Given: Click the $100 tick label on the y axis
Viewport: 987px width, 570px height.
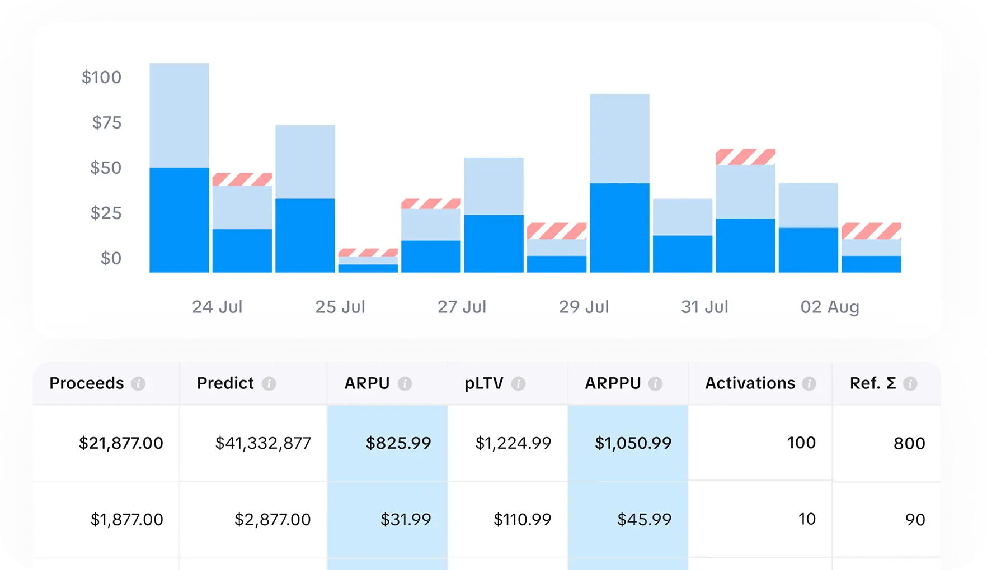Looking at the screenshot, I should tap(101, 77).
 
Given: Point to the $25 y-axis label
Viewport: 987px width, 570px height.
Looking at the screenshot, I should tap(106, 213).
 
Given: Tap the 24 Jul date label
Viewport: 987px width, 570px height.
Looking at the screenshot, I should tap(217, 307).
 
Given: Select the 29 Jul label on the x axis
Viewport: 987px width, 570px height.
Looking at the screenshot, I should tap(584, 307).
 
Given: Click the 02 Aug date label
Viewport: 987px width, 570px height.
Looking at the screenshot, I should tap(829, 307).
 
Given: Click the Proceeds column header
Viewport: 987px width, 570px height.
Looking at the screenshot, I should tap(87, 383).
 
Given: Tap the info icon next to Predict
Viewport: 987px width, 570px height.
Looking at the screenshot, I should tap(269, 384).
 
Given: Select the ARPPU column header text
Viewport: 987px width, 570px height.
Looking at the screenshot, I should tap(613, 383).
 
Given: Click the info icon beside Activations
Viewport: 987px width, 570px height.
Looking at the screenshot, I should tap(809, 384).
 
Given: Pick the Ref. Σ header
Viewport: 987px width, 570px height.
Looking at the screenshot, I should tap(873, 383).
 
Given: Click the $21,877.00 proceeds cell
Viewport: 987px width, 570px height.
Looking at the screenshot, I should tap(121, 443).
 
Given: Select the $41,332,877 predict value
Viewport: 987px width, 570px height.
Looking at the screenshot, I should tap(263, 443).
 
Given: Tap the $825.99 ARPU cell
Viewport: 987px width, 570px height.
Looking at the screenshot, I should tap(398, 443).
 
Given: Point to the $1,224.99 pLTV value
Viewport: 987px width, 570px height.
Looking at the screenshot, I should tap(513, 443).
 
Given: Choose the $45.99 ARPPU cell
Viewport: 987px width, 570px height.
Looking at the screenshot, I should tap(644, 520).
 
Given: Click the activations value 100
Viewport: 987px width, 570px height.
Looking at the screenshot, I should tap(801, 443).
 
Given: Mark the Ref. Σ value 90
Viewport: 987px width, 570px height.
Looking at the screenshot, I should tap(915, 520).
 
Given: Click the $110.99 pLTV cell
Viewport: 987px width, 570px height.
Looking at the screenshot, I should tap(522, 520).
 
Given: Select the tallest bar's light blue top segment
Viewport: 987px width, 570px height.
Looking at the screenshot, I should tap(179, 115).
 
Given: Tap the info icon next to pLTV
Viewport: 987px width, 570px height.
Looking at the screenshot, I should tap(518, 384).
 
